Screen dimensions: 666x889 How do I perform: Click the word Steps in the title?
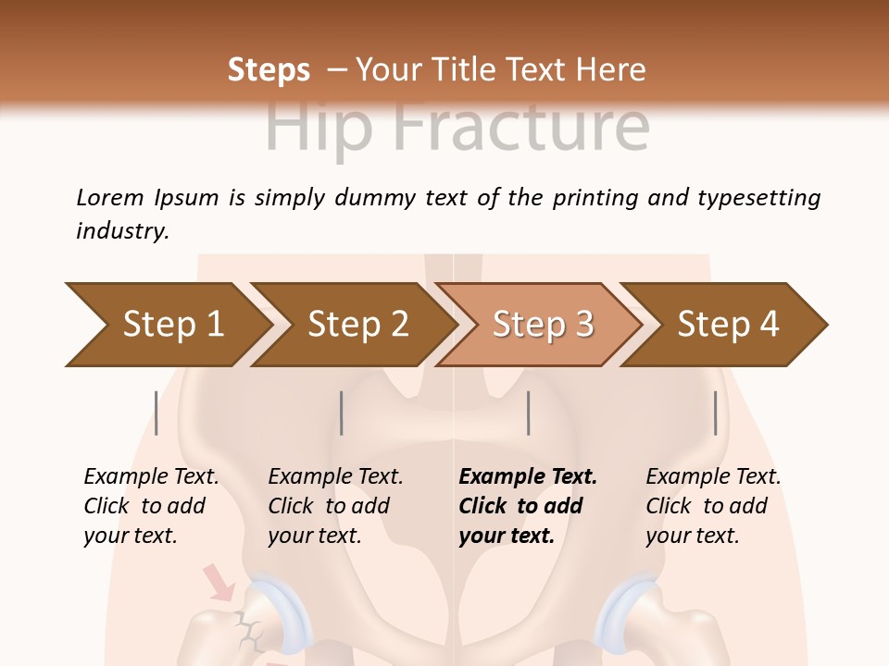(x=269, y=69)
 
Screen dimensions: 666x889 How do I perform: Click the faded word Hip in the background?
(x=319, y=129)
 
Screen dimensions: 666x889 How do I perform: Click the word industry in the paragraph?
(x=121, y=230)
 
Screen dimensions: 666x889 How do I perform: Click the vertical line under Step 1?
(x=157, y=413)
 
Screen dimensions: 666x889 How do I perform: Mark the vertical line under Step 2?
(x=342, y=413)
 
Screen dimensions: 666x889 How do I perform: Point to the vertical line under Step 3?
(x=528, y=413)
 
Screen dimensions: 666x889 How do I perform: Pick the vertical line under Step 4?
(x=715, y=413)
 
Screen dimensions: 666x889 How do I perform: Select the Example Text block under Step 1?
(x=151, y=506)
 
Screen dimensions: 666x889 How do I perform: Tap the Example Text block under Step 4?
(x=713, y=506)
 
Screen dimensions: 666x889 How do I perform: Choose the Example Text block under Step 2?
(x=335, y=506)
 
